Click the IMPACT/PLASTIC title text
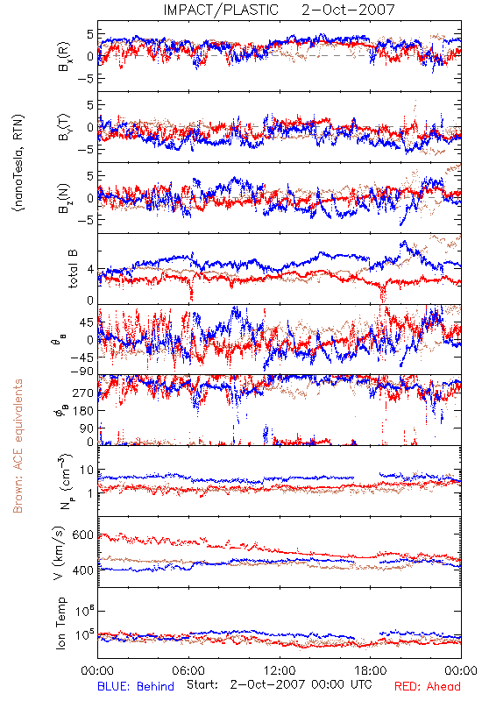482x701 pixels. click(x=221, y=10)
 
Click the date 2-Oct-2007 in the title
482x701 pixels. click(x=348, y=10)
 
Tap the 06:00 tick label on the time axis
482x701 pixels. click(x=188, y=670)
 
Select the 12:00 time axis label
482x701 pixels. click(x=280, y=670)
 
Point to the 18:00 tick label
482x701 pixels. click(x=371, y=670)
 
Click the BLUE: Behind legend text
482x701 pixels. click(x=136, y=686)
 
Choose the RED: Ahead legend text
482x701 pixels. click(x=428, y=686)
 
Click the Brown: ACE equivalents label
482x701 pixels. click(x=18, y=446)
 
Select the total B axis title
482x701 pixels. click(x=73, y=269)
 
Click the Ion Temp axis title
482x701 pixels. click(x=60, y=623)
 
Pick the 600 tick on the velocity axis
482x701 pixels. click(x=83, y=535)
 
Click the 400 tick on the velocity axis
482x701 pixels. click(x=83, y=570)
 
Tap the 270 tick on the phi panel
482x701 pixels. click(x=83, y=393)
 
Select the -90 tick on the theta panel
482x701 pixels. click(x=82, y=372)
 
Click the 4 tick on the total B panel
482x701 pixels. click(x=91, y=270)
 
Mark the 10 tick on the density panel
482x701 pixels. click(x=87, y=471)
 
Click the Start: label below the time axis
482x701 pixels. click(x=202, y=684)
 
